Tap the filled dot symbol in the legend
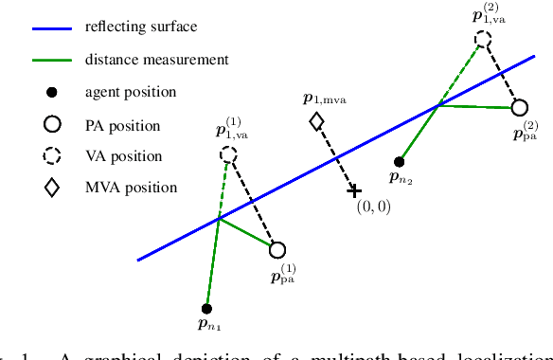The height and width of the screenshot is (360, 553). point(52,92)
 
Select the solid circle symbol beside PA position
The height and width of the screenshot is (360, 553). point(52,123)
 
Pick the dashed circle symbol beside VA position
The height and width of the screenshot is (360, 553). point(52,155)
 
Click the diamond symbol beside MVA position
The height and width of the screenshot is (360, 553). point(52,187)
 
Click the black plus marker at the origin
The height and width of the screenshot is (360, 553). point(354,189)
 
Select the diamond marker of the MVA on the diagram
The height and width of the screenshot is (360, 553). point(316,121)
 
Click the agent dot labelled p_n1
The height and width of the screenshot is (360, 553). point(206,308)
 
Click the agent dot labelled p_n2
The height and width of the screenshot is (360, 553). point(400,161)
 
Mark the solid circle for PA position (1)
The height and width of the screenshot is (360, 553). point(277,250)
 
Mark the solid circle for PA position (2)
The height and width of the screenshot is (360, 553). point(519,108)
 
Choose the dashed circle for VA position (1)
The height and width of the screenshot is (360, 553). point(228,154)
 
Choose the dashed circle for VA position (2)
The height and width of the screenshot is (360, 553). point(484,39)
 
